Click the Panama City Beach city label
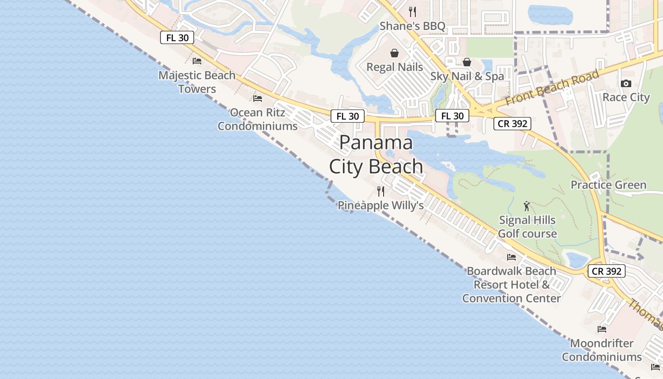point(376,154)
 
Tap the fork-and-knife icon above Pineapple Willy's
point(381,191)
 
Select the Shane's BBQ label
point(412,26)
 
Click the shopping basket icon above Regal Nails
point(394,53)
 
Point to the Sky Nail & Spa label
point(467,76)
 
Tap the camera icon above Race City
point(626,84)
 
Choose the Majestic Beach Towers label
point(197,82)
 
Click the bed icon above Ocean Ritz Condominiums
point(258,99)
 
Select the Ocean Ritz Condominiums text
point(258,119)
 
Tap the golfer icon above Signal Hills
point(527,206)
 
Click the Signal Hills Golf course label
point(527,227)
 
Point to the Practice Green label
point(608,185)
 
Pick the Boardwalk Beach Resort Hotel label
point(511,284)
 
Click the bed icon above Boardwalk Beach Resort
point(511,257)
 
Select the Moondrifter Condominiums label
point(602,350)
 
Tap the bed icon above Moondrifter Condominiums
point(602,329)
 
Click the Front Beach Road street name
point(552,88)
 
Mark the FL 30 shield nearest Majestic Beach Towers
point(177,38)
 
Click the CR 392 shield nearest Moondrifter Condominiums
point(607,271)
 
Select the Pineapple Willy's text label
point(380,206)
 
